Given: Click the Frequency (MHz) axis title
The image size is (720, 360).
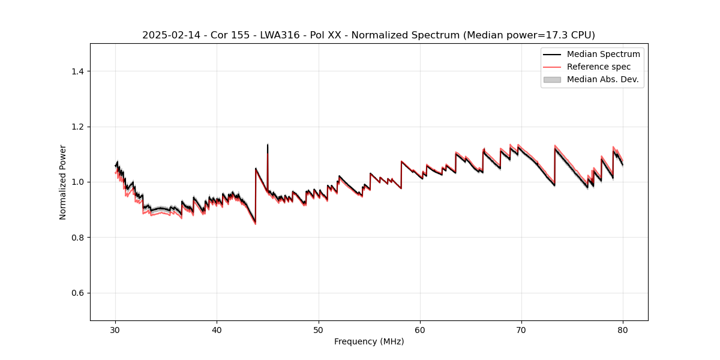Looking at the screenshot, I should pos(369,341).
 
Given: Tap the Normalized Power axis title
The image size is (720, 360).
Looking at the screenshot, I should pos(63,182).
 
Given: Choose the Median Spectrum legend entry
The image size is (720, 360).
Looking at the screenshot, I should pos(603,54).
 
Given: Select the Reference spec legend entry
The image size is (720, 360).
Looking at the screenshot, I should pos(598,67).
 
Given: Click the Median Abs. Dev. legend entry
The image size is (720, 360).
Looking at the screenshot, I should pos(602,79).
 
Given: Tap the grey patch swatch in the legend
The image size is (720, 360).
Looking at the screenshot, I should pos(551,79).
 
